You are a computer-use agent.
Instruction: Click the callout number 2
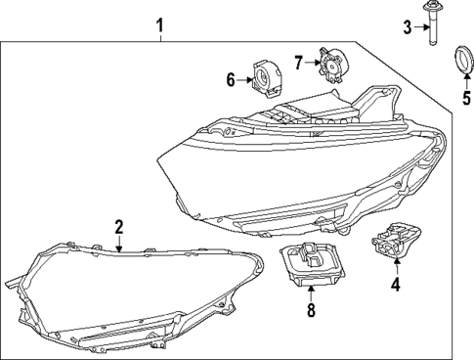[118, 228]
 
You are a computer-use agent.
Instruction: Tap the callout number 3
[408, 26]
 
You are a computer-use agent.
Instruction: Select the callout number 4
[395, 286]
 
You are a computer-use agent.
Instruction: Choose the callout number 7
[299, 63]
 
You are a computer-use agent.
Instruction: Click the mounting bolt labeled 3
[432, 25]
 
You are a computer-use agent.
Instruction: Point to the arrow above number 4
[395, 266]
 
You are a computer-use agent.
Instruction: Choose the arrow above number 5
[464, 80]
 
